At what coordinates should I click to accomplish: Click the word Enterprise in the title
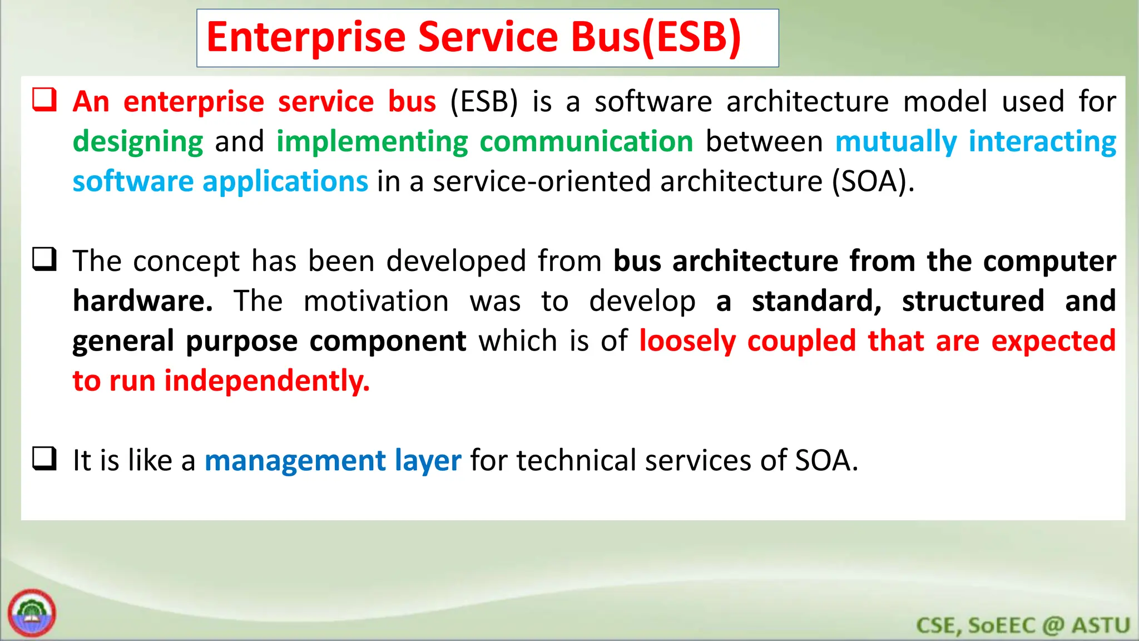pyautogui.click(x=306, y=38)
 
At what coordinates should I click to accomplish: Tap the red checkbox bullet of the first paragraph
pyautogui.click(x=44, y=100)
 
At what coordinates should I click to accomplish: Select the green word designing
pyautogui.click(x=138, y=142)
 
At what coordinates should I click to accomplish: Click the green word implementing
pyautogui.click(x=372, y=142)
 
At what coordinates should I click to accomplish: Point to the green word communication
pyautogui.click(x=586, y=141)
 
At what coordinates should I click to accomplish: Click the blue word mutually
pyautogui.click(x=895, y=141)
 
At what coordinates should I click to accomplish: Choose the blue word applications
pyautogui.click(x=285, y=181)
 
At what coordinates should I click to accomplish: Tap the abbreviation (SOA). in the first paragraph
pyautogui.click(x=873, y=181)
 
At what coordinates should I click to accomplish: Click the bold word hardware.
pyautogui.click(x=142, y=301)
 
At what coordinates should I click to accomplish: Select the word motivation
pyautogui.click(x=376, y=301)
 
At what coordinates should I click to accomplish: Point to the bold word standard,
pyautogui.click(x=816, y=301)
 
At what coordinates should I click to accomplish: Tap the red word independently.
pyautogui.click(x=267, y=381)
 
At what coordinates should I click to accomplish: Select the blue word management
pyautogui.click(x=295, y=461)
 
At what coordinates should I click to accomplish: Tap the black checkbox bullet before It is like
pyautogui.click(x=44, y=459)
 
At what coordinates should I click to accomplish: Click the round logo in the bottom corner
pyautogui.click(x=32, y=613)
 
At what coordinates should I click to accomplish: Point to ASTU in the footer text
pyautogui.click(x=1101, y=625)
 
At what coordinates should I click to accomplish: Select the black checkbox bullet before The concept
pyautogui.click(x=44, y=259)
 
